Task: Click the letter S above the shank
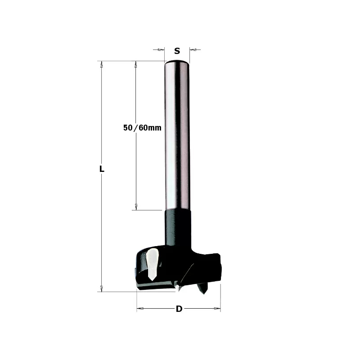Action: click(x=177, y=51)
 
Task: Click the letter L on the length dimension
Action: click(x=102, y=169)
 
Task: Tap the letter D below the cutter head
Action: click(x=179, y=309)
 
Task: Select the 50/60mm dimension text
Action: click(x=142, y=128)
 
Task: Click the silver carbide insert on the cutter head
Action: click(x=152, y=264)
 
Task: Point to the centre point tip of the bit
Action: click(x=178, y=290)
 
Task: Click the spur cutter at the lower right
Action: click(x=202, y=288)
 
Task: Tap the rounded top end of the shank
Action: click(x=177, y=63)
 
